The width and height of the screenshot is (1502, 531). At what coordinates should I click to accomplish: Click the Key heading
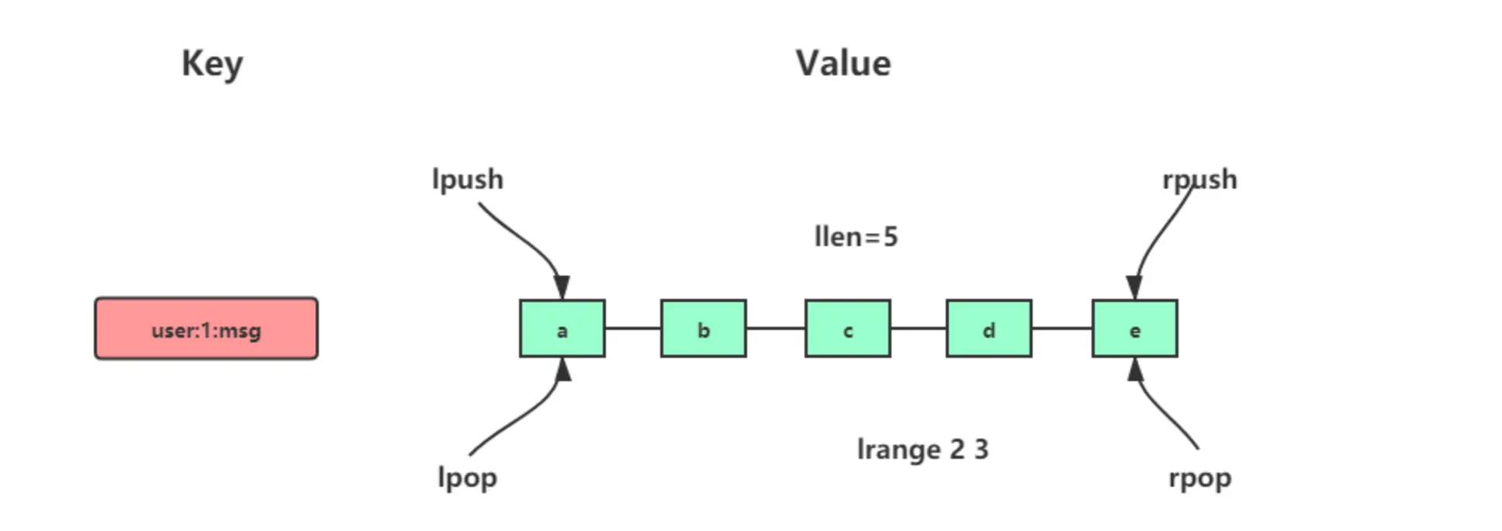coord(212,64)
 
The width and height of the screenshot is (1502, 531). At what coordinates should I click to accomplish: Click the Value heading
coord(843,64)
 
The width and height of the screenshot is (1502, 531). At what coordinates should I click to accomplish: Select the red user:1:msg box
coord(206,328)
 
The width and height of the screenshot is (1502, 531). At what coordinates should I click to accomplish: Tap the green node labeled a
coord(562,328)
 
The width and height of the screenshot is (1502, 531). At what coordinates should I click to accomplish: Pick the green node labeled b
coord(703,328)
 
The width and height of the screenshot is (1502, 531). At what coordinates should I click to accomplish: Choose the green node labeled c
coord(847,328)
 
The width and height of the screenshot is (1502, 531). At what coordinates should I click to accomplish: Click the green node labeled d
coord(988,328)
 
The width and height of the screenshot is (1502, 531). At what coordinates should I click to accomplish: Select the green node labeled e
coord(1134,328)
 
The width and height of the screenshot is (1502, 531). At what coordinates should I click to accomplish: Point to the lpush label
coord(467,180)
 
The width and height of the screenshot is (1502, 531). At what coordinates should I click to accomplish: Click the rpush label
coord(1199,180)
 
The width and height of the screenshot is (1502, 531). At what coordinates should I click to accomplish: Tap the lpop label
coord(467,477)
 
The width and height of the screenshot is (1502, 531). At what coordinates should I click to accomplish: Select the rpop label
coord(1199,477)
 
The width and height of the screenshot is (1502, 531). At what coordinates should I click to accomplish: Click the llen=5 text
coord(856,237)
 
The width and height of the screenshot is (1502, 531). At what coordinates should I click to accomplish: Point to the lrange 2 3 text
coord(922,449)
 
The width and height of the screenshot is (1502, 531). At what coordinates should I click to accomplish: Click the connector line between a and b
coord(632,328)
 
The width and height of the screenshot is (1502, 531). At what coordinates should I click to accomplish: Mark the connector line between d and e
coord(1061,328)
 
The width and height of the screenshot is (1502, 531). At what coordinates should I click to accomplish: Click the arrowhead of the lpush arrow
coord(562,288)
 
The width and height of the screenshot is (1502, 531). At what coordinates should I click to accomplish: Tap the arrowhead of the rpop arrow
coord(1135,370)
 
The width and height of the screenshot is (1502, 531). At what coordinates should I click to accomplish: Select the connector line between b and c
coord(775,328)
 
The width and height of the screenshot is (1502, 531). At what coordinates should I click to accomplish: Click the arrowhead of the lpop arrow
coord(564,370)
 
